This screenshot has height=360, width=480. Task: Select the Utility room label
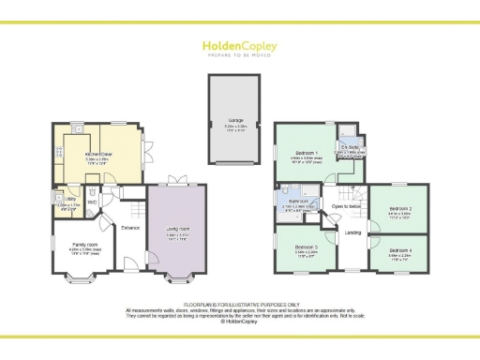tap(70, 199)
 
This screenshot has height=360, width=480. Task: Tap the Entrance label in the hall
tap(129, 228)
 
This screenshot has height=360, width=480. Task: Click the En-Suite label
tap(349, 146)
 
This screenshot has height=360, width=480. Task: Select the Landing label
tap(353, 232)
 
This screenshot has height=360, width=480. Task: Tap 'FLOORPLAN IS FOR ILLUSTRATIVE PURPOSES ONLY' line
tap(239, 305)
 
